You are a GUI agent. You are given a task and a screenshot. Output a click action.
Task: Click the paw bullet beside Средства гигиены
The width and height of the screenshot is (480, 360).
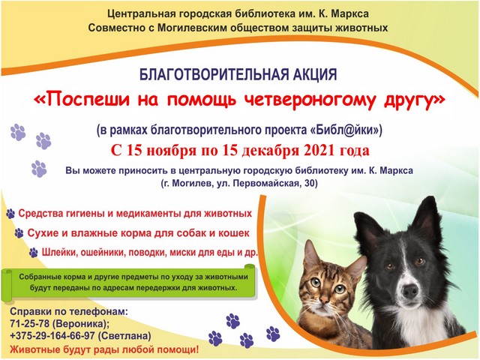coord(10,214)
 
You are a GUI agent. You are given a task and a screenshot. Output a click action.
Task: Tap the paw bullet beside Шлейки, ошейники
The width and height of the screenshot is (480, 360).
coord(33,253)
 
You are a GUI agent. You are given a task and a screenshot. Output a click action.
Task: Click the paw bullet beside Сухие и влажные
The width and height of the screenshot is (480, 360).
coord(19,233)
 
